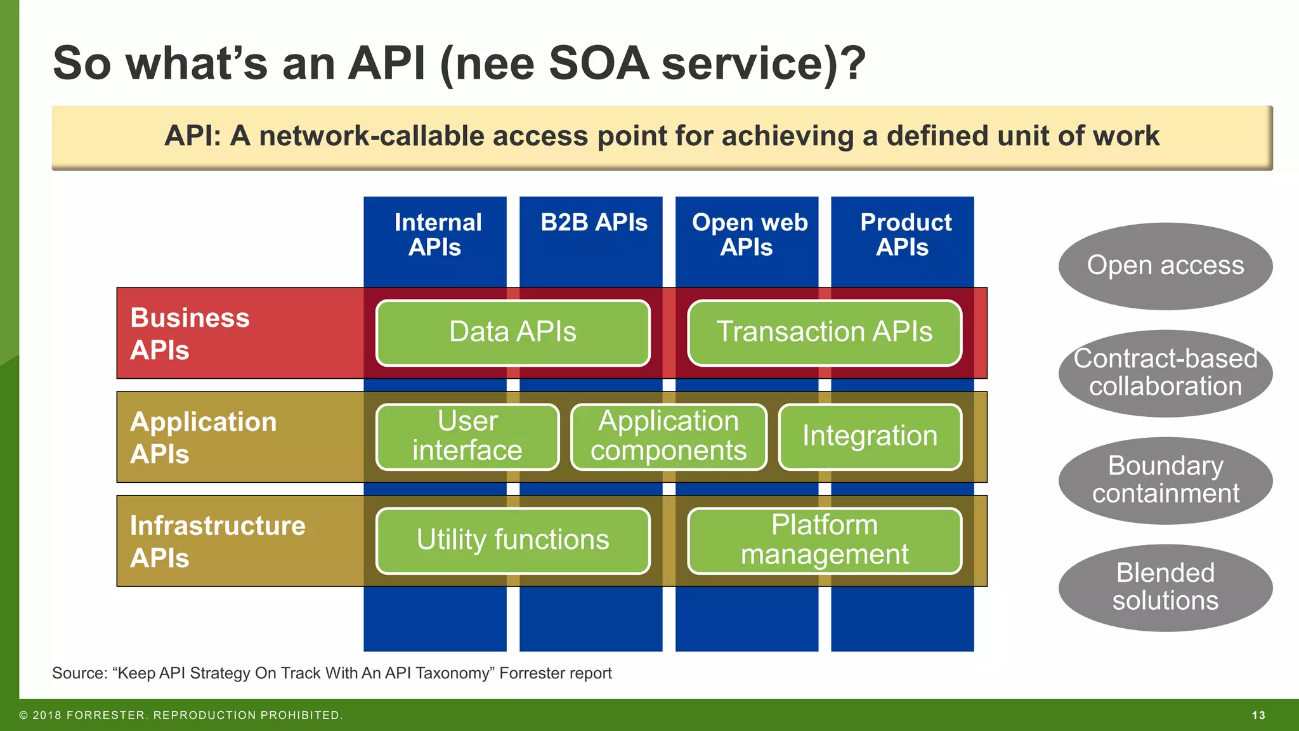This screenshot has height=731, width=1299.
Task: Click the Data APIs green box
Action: point(512,333)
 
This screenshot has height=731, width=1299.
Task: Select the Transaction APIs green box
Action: point(824,333)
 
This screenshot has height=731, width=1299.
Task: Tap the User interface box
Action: point(467,437)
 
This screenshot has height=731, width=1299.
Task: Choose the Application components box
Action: point(669,437)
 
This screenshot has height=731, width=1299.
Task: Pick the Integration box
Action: point(870,437)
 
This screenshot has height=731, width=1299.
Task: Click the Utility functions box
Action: point(512,541)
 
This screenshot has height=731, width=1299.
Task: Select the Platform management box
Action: point(824,541)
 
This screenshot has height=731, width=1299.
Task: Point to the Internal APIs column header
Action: point(436,235)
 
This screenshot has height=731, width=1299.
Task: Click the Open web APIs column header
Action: point(749,235)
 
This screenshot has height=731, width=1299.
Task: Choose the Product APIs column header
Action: point(904,235)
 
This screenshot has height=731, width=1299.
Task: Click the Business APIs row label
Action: point(189,334)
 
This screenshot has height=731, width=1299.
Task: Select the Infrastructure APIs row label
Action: point(217,542)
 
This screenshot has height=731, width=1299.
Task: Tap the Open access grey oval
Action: point(1165,266)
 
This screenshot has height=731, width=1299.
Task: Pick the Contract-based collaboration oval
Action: point(1165,373)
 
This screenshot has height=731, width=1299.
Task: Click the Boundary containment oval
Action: point(1165,480)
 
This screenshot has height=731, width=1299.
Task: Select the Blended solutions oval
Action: point(1165,588)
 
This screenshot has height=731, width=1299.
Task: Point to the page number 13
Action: point(1258,715)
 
